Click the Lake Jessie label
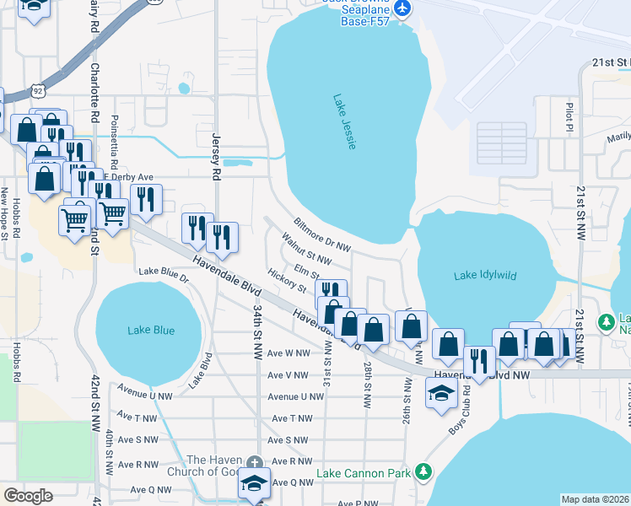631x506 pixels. [344, 122]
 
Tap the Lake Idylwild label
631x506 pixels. [485, 276]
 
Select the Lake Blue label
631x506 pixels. [152, 331]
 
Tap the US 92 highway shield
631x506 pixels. [36, 89]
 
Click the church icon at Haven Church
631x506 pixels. [255, 462]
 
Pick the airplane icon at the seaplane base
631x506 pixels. [402, 8]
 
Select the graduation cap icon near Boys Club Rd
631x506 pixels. [441, 393]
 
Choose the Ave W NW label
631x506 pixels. [289, 353]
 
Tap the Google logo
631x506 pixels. [28, 496]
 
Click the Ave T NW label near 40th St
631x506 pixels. [138, 417]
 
